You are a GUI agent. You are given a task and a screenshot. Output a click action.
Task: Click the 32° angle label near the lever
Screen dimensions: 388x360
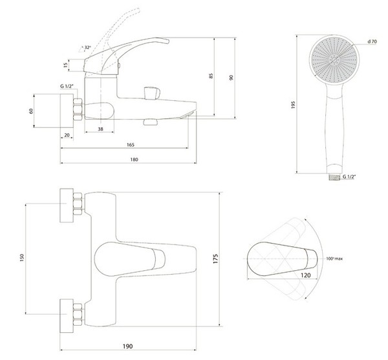click(87, 47)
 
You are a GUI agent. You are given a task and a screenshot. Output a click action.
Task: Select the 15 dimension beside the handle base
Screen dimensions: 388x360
click(65, 65)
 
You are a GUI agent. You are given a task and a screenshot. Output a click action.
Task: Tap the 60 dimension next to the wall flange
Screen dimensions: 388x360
click(31, 111)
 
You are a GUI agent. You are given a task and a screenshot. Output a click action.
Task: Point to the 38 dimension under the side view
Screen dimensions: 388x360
click(100, 129)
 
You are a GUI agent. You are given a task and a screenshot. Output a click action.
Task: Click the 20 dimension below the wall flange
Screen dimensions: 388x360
click(67, 135)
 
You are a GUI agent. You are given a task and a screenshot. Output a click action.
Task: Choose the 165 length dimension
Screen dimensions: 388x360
click(131, 145)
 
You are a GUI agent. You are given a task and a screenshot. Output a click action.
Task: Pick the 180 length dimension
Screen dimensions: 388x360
click(134, 160)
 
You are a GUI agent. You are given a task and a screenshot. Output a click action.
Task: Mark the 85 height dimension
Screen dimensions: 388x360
click(211, 76)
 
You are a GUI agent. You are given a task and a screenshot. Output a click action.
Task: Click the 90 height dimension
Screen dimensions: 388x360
click(231, 78)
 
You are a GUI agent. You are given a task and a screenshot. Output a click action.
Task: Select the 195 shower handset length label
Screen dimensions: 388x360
click(293, 105)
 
